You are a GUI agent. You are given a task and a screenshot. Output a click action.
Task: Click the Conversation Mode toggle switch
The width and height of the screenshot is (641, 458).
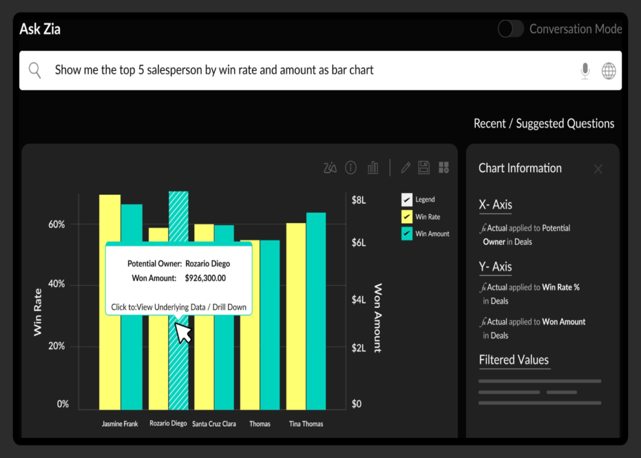(x=510, y=29)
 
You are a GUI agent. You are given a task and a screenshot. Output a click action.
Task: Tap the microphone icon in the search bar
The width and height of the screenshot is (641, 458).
(x=585, y=71)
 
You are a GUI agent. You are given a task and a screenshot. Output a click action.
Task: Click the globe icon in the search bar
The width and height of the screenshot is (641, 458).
(x=609, y=71)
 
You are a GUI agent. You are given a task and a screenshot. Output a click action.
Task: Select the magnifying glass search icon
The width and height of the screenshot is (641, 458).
(x=35, y=70)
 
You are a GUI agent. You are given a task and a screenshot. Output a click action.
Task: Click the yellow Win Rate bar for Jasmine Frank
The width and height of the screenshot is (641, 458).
(x=110, y=219)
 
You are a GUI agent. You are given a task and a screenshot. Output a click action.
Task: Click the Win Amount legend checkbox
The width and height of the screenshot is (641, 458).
(x=407, y=234)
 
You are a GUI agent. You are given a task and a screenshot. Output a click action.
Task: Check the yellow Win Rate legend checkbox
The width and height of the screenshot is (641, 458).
(x=407, y=217)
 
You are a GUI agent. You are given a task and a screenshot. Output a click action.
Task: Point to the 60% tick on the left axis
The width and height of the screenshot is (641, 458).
(x=56, y=224)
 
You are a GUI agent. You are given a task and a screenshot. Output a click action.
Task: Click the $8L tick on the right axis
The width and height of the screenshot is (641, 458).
(x=359, y=200)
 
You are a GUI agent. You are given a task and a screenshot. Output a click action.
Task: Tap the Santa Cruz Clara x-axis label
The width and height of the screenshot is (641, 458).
(x=214, y=424)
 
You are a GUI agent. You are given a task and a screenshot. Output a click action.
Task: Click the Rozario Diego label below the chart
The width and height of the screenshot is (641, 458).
(x=168, y=423)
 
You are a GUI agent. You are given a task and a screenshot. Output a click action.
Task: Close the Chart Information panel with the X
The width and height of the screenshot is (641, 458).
(x=598, y=169)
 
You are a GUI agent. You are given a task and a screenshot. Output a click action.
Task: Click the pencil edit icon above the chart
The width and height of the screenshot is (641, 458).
(x=406, y=167)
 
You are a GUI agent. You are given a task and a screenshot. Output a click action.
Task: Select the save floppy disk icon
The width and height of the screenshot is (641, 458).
(x=424, y=167)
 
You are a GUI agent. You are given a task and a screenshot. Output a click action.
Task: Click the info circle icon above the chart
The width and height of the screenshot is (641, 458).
(x=351, y=167)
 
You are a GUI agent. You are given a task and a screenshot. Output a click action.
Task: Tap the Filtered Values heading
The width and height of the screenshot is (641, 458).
(x=514, y=360)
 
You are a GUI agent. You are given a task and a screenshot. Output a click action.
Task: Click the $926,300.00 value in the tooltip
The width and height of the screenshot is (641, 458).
(x=205, y=278)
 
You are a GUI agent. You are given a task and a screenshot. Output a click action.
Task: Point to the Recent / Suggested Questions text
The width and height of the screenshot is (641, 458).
(x=544, y=124)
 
